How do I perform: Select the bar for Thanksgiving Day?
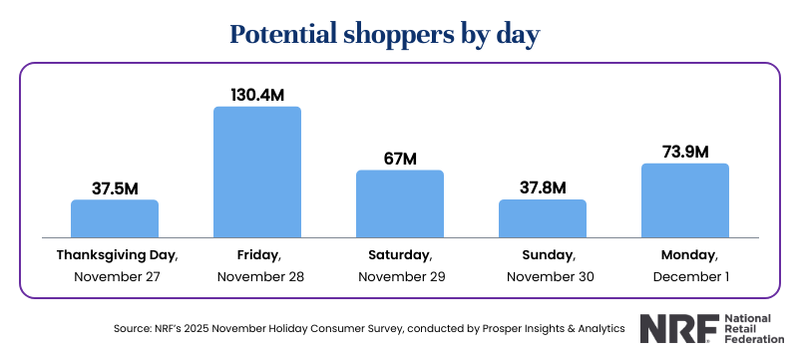point(115,218)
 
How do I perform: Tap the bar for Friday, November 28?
point(257,172)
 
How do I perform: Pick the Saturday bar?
point(400,203)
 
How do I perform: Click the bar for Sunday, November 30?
point(543,218)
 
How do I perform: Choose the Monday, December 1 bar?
point(685,200)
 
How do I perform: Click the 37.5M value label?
point(115,186)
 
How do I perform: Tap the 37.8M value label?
point(543,186)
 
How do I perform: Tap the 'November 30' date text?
point(543,276)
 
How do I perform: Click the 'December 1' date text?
point(685,276)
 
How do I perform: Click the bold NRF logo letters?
point(669,328)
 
